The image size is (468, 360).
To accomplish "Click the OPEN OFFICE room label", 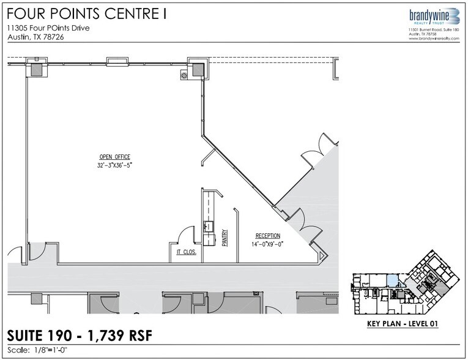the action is (x=115, y=157).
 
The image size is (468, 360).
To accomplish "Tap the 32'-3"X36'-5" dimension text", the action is (x=114, y=165).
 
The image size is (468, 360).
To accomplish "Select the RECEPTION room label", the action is (x=268, y=236).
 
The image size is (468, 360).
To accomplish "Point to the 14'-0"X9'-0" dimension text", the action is (x=267, y=244).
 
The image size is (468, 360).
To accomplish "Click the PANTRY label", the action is (x=225, y=238).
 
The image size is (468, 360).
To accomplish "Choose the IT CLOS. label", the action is (x=187, y=252).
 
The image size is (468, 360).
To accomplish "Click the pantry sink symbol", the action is (x=209, y=226).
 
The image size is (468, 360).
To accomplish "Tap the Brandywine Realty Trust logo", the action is (x=434, y=17).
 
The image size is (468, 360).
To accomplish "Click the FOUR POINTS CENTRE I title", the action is (x=86, y=13).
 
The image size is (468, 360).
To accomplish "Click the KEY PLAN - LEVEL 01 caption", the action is (x=403, y=323).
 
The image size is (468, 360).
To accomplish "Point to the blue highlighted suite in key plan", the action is (x=393, y=281).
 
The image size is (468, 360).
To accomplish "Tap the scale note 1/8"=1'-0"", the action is (x=49, y=350).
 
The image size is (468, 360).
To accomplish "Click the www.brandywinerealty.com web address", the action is (x=434, y=39).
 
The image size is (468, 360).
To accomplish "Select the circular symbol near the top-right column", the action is (x=185, y=75).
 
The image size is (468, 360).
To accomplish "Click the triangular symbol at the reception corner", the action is (x=321, y=257).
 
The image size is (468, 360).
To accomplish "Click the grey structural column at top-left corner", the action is (x=37, y=70).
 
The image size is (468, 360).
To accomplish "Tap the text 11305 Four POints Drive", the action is (x=48, y=28).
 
